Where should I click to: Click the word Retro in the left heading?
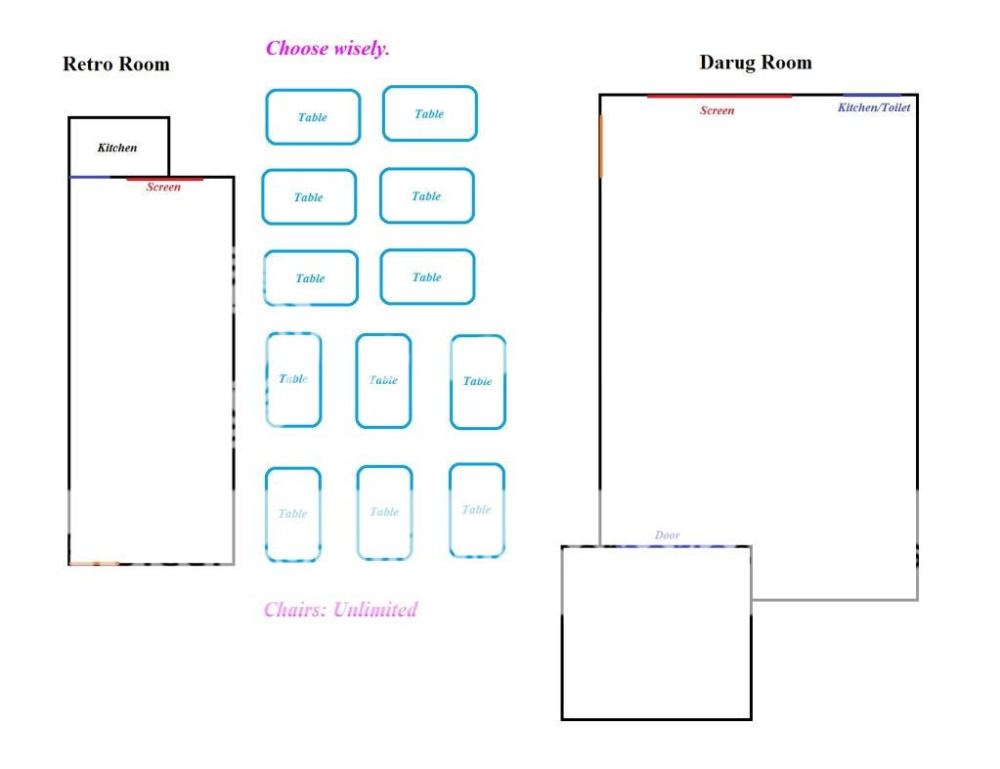(87, 64)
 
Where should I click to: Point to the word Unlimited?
(375, 610)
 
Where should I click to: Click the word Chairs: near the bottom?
(295, 610)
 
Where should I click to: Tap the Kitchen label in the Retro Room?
(117, 148)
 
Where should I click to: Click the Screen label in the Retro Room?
(163, 187)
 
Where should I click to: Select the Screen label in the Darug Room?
(717, 110)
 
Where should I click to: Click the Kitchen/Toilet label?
(874, 107)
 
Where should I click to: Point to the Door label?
(667, 535)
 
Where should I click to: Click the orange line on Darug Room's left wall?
(601, 146)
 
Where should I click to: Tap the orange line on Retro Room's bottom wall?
(94, 564)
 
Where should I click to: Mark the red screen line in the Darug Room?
(719, 97)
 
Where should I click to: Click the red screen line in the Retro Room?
(164, 179)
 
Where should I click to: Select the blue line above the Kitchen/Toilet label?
(872, 96)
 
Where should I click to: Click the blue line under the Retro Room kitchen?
(89, 177)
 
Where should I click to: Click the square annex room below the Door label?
(561, 632)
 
